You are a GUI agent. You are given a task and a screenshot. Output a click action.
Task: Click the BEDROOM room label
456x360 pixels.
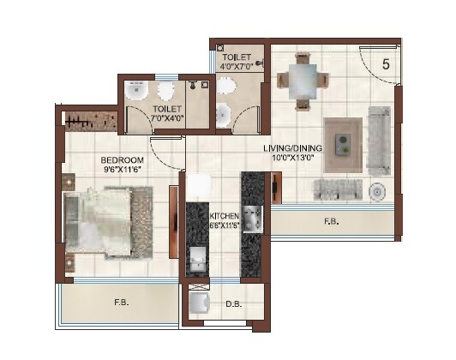(x=121, y=160)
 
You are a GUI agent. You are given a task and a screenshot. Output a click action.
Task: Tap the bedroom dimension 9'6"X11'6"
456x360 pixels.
(x=121, y=171)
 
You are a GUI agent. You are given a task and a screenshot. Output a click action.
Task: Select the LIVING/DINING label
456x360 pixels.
(x=289, y=147)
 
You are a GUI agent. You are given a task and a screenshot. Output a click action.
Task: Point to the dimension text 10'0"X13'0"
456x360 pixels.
(x=289, y=158)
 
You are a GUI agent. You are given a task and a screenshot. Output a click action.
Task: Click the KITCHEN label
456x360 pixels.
(x=224, y=216)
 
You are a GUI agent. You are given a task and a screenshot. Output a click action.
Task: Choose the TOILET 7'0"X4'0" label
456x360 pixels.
(x=167, y=113)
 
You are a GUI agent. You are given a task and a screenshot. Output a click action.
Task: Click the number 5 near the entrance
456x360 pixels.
(x=386, y=63)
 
